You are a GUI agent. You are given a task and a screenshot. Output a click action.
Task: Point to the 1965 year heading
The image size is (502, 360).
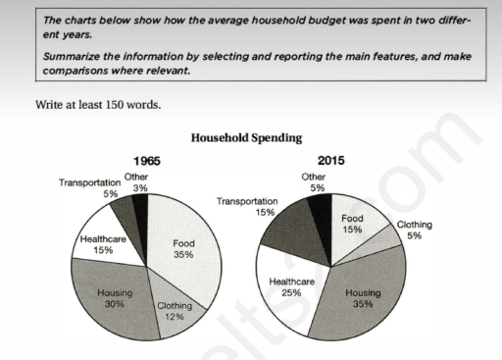click(x=146, y=160)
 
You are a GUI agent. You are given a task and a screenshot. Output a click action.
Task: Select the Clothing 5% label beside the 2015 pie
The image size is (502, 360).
click(x=416, y=230)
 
